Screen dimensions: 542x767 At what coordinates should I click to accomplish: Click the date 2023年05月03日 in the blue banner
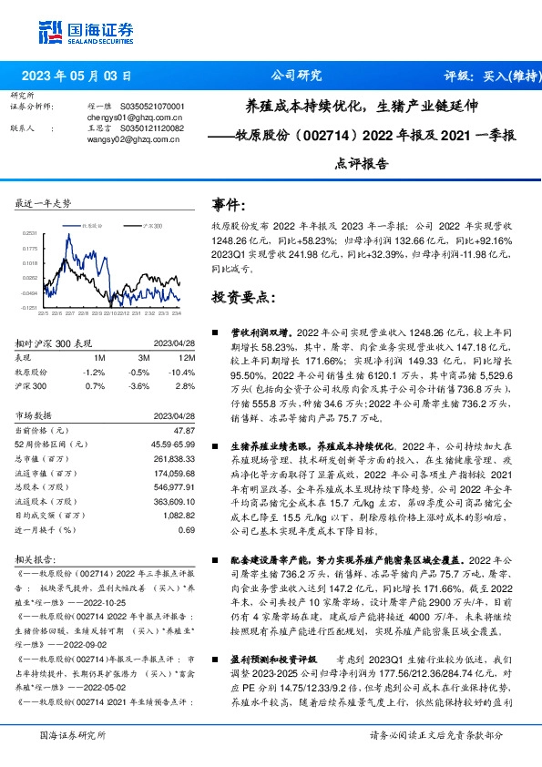tap(82, 76)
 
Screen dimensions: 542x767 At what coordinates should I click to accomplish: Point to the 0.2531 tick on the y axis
tap(31, 233)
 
